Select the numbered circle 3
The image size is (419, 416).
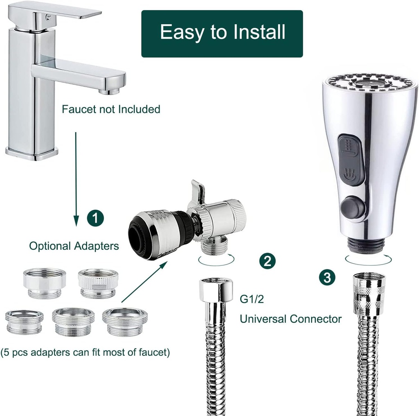[x=327, y=277]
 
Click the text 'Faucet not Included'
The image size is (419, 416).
[x=111, y=109]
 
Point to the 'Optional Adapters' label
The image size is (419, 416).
[x=74, y=246]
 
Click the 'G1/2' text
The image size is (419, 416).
[x=252, y=299]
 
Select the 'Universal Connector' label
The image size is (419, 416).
[x=291, y=319]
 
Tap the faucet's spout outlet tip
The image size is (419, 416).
[x=110, y=90]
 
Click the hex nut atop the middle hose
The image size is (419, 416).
[x=216, y=290]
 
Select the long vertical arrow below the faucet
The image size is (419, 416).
[x=76, y=178]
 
